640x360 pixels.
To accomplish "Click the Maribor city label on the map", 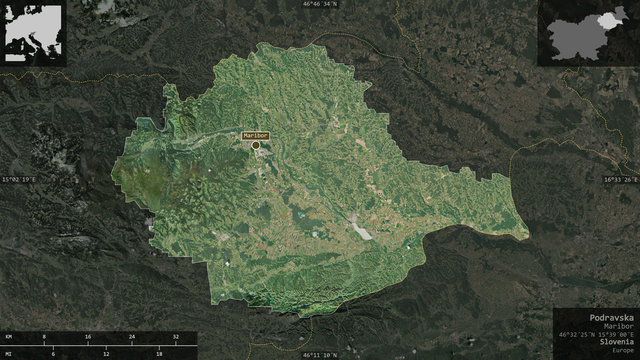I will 254,135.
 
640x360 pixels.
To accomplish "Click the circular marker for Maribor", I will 255,145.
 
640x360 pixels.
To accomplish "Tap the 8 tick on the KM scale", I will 43,337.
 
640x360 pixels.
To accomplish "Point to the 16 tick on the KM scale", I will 89,337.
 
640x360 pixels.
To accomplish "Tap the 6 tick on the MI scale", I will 51,353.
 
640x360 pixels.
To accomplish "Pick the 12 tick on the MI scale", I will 104,353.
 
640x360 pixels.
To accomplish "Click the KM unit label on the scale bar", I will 9,337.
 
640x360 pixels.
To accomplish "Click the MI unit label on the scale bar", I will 9,353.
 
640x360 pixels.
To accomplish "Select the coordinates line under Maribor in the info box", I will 595,333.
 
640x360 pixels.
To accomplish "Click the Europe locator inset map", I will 34,34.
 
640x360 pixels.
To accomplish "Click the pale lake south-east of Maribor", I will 361,232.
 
